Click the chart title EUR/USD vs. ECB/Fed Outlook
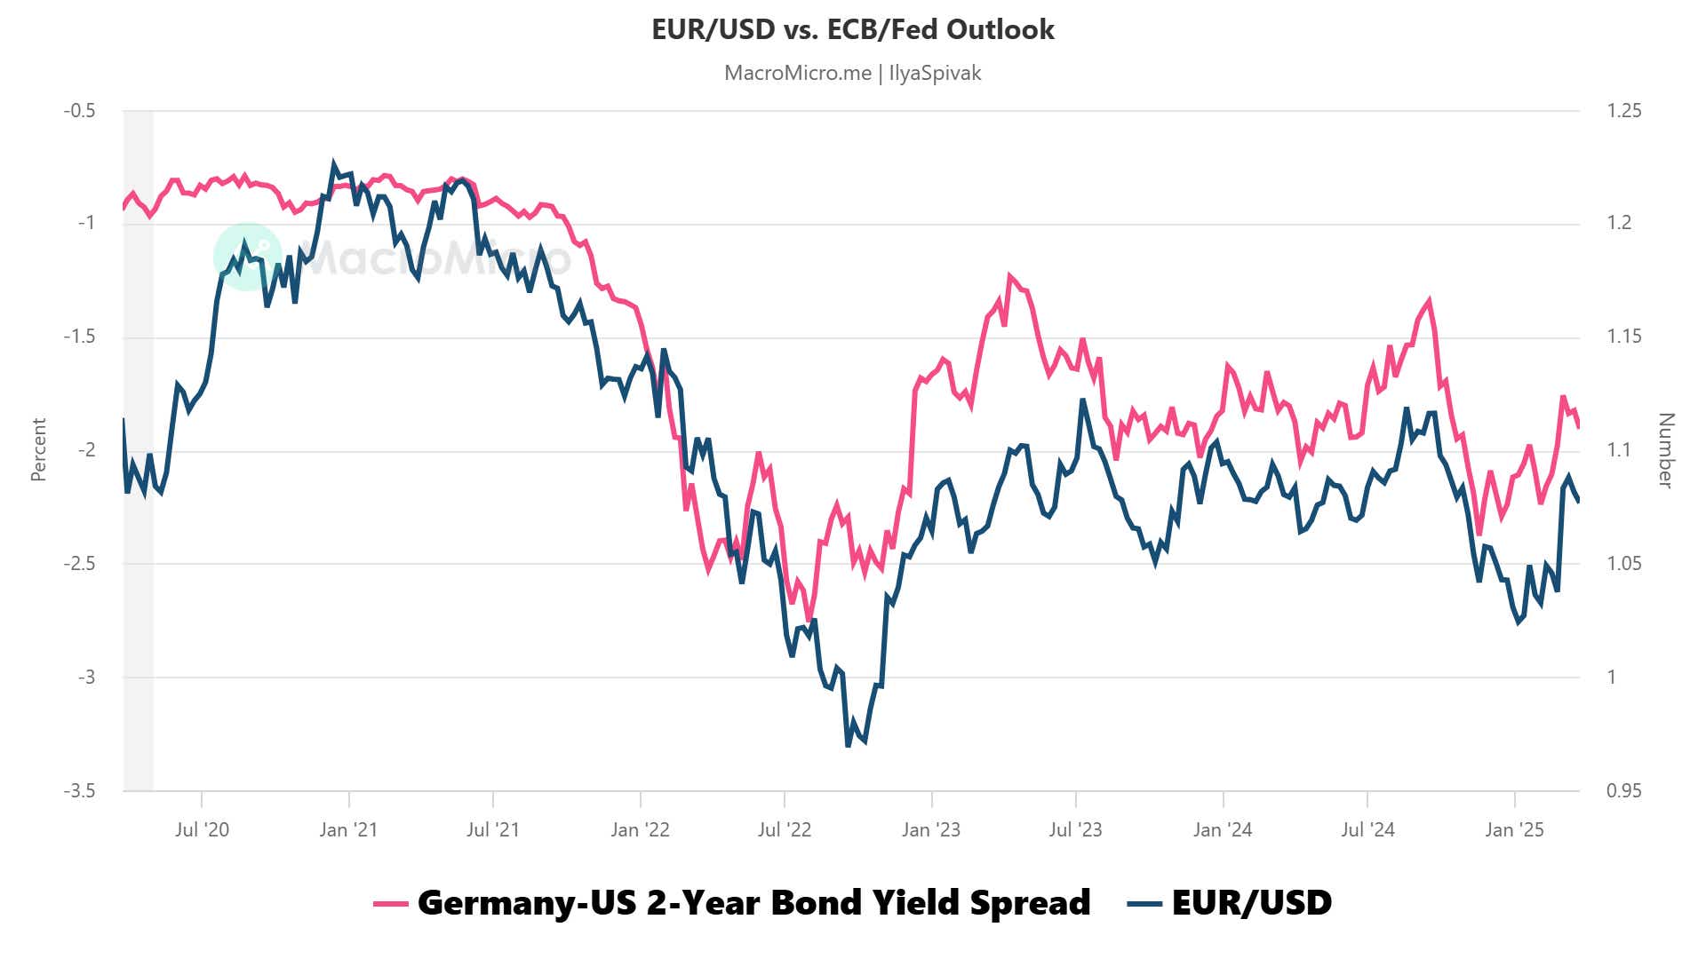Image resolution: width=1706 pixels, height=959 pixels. (x=852, y=29)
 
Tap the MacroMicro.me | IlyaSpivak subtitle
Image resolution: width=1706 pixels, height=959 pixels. (x=852, y=73)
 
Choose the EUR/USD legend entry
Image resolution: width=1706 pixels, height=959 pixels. (x=1231, y=902)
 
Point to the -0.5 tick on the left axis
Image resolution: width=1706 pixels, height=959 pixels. (x=79, y=111)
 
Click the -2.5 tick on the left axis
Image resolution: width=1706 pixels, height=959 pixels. (x=79, y=564)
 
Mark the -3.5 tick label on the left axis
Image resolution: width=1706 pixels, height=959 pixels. (x=79, y=790)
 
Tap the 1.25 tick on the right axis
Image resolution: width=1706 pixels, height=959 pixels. (x=1623, y=111)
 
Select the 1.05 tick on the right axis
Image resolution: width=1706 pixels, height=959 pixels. (x=1623, y=564)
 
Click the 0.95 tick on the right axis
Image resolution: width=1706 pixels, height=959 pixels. (x=1623, y=790)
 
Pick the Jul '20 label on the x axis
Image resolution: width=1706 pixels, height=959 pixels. (x=202, y=829)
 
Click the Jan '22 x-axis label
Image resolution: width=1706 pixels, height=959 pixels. (x=640, y=829)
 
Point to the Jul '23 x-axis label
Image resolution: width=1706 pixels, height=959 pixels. (x=1075, y=829)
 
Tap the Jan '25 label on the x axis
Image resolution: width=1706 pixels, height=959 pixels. (x=1514, y=829)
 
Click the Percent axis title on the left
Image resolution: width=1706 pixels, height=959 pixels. (x=38, y=449)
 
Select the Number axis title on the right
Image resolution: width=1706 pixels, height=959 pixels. (x=1666, y=449)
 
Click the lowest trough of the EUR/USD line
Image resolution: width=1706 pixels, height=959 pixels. (x=849, y=745)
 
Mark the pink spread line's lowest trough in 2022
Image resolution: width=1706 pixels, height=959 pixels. (x=809, y=620)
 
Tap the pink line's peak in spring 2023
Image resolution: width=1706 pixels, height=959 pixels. (x=1010, y=276)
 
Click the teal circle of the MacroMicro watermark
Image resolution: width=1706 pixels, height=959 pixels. (x=247, y=257)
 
